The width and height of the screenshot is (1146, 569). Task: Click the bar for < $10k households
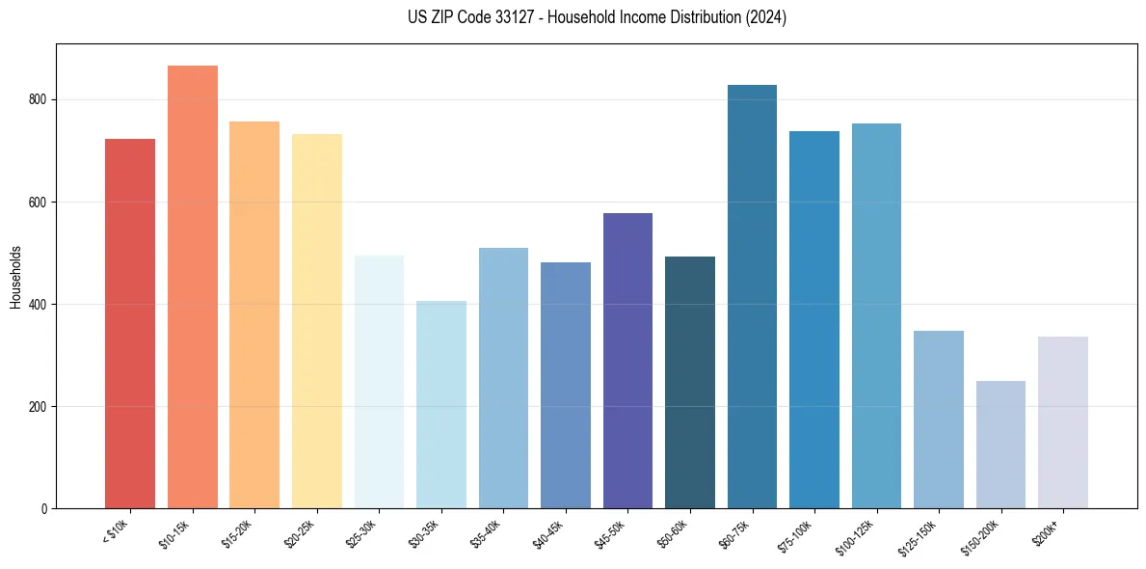(130, 323)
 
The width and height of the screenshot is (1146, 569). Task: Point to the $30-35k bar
(441, 404)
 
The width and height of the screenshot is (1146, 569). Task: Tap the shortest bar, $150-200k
(1000, 444)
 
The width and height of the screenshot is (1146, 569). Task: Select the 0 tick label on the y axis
(45, 509)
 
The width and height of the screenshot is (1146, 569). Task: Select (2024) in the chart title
(767, 17)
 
